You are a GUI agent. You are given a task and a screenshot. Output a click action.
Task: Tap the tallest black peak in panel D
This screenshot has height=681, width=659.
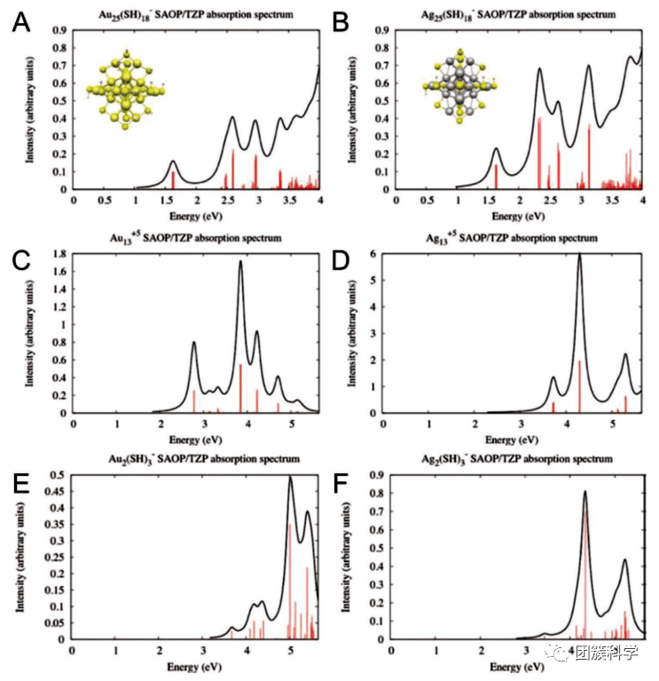coord(579,255)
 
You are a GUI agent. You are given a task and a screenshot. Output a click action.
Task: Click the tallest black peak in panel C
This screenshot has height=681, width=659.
coord(240,261)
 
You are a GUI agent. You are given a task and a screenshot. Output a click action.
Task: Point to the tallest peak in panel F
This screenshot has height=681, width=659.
coord(585,492)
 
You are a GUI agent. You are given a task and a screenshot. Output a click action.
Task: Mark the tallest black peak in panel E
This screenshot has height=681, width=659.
coord(290,478)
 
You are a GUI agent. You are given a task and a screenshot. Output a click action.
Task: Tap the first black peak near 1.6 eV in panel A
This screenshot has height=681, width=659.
coord(173,162)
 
